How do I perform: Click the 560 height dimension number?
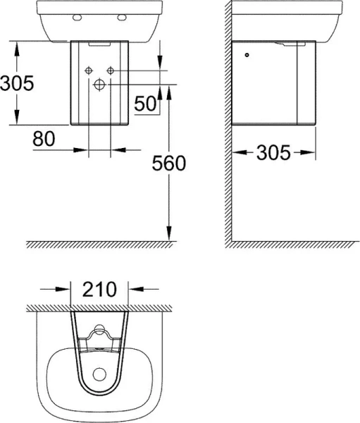pyautogui.click(x=169, y=164)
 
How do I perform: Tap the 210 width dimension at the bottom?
pyautogui.click(x=99, y=288)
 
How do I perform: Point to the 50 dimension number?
pyautogui.click(x=145, y=104)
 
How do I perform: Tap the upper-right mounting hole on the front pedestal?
pyautogui.click(x=111, y=70)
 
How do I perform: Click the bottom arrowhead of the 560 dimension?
pyautogui.click(x=169, y=237)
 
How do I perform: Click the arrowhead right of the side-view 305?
pyautogui.click(x=306, y=152)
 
